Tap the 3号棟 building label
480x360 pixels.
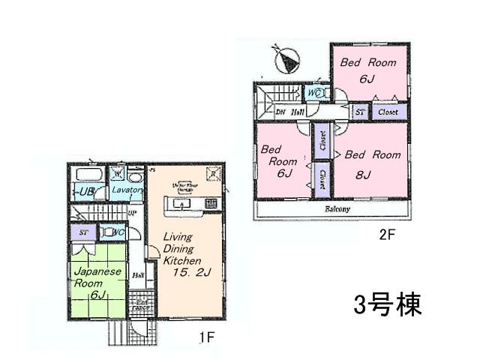[387, 304]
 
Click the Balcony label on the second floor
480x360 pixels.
[337, 209]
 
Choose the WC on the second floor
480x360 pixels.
[315, 93]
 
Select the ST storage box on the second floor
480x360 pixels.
[361, 112]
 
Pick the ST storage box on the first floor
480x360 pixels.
[83, 232]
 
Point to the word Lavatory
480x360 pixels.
[127, 190]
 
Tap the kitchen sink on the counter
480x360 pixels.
[185, 203]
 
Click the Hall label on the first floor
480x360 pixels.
[139, 275]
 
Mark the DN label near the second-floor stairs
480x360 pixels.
[280, 112]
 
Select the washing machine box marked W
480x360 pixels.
[117, 173]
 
